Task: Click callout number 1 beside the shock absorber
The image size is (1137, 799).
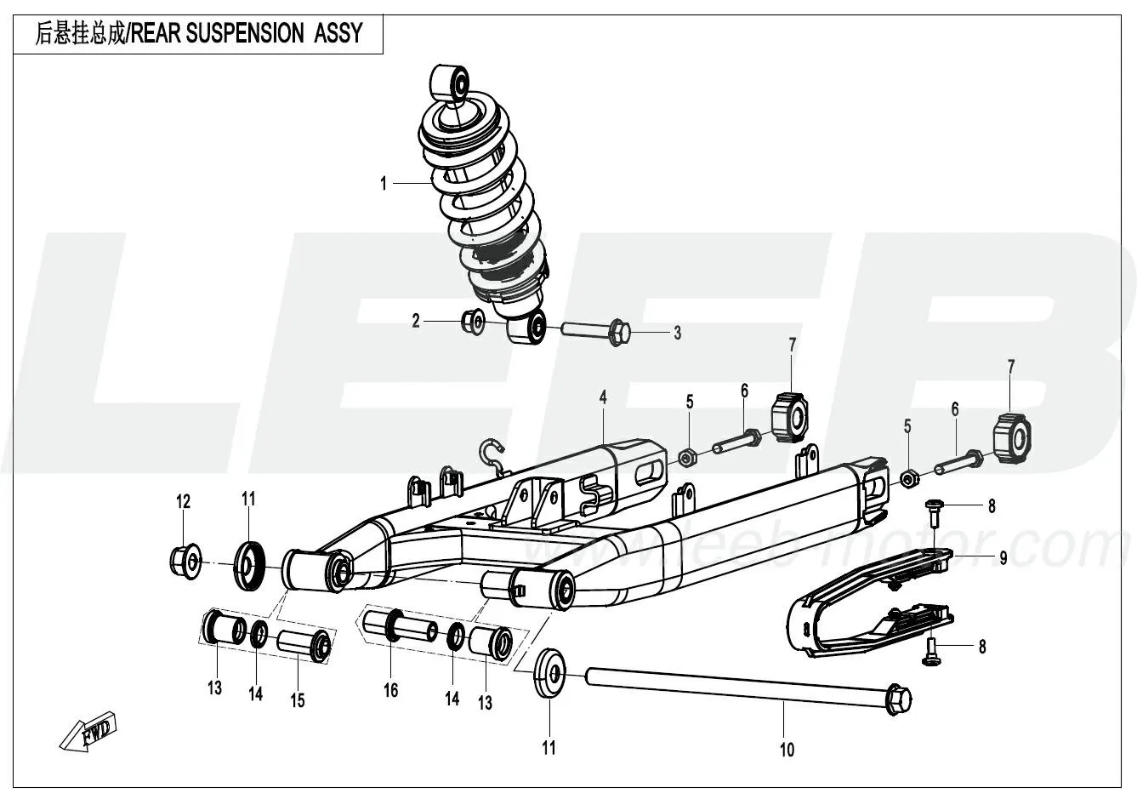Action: pos(384,183)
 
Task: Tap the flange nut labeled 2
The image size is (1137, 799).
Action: pos(473,322)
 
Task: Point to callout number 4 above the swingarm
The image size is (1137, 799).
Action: pos(602,397)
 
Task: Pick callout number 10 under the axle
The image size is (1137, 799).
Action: pos(787,749)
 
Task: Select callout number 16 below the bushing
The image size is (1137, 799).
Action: pos(390,691)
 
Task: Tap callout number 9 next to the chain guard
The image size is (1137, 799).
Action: pos(1003,559)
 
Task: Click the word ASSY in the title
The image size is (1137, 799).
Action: pos(338,33)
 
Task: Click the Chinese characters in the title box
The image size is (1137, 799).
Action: pos(81,33)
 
